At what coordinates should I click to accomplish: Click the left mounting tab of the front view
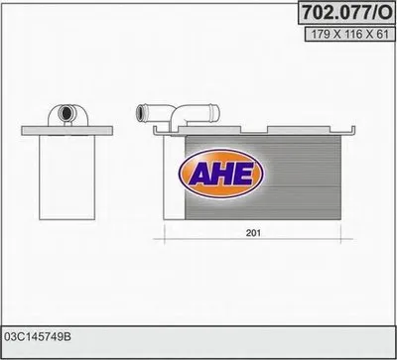pos(156,128)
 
